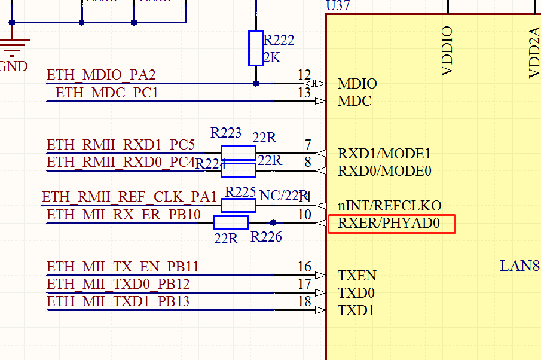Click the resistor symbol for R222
255,48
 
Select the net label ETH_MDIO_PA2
101,75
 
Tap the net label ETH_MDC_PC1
106,93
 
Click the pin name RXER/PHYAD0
389,224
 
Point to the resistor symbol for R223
238,152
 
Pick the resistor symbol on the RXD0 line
238,170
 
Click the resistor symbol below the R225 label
238,205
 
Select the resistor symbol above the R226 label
231,222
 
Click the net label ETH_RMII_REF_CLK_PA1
129,197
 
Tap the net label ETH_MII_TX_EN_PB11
123,267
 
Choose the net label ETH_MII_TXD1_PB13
118,301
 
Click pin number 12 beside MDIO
304,75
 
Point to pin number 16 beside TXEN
304,267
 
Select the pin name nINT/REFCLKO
389,206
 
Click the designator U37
338,6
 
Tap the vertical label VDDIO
447,51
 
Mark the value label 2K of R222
272,58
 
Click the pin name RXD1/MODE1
384,154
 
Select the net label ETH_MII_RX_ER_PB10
124,215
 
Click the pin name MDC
354,101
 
